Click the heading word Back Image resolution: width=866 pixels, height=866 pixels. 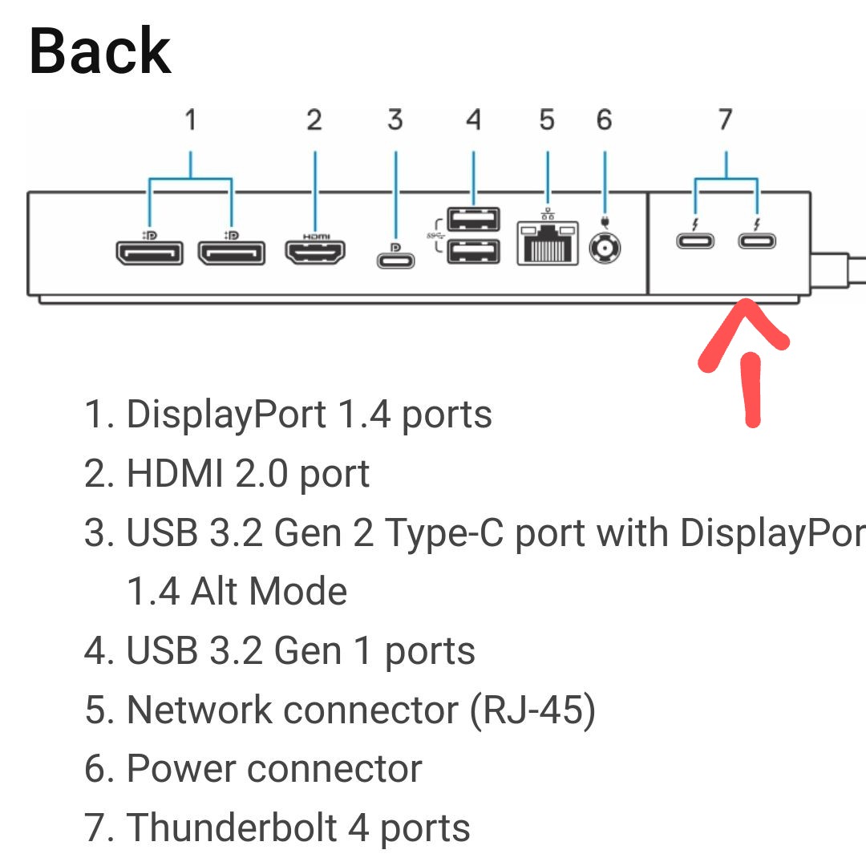point(99,51)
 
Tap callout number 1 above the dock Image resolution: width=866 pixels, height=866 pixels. point(190,120)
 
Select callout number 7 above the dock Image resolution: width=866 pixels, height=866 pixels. point(725,120)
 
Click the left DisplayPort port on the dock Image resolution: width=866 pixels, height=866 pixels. point(149,254)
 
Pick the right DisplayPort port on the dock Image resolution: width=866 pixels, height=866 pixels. point(231,254)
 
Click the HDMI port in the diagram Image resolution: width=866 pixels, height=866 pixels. point(315,253)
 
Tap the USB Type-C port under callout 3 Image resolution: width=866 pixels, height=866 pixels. point(395,261)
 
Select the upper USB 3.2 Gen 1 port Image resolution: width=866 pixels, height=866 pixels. point(473,219)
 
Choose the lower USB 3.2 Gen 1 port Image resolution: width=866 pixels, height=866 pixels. point(473,253)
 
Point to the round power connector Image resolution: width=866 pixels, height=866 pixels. point(604,249)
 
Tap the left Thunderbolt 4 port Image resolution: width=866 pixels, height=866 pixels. point(695,241)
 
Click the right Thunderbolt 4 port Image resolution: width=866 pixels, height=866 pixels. point(758,241)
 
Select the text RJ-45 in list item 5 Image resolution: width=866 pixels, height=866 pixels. point(532,710)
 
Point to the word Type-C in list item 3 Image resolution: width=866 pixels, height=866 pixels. point(443,533)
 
